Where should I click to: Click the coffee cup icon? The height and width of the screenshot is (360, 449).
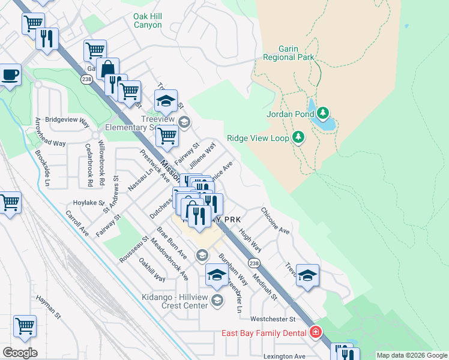[10, 76]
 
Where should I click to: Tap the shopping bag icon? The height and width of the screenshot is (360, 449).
[108, 68]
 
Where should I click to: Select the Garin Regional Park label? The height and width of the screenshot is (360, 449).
[288, 53]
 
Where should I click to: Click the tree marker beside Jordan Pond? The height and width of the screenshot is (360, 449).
[323, 113]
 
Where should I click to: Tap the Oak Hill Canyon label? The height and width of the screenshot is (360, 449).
[140, 21]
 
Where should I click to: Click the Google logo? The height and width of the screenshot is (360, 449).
[20, 352]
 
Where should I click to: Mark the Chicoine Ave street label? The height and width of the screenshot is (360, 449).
[276, 221]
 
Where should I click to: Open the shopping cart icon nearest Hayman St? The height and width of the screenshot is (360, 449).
[25, 326]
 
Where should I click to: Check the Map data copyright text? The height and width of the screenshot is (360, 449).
[411, 355]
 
